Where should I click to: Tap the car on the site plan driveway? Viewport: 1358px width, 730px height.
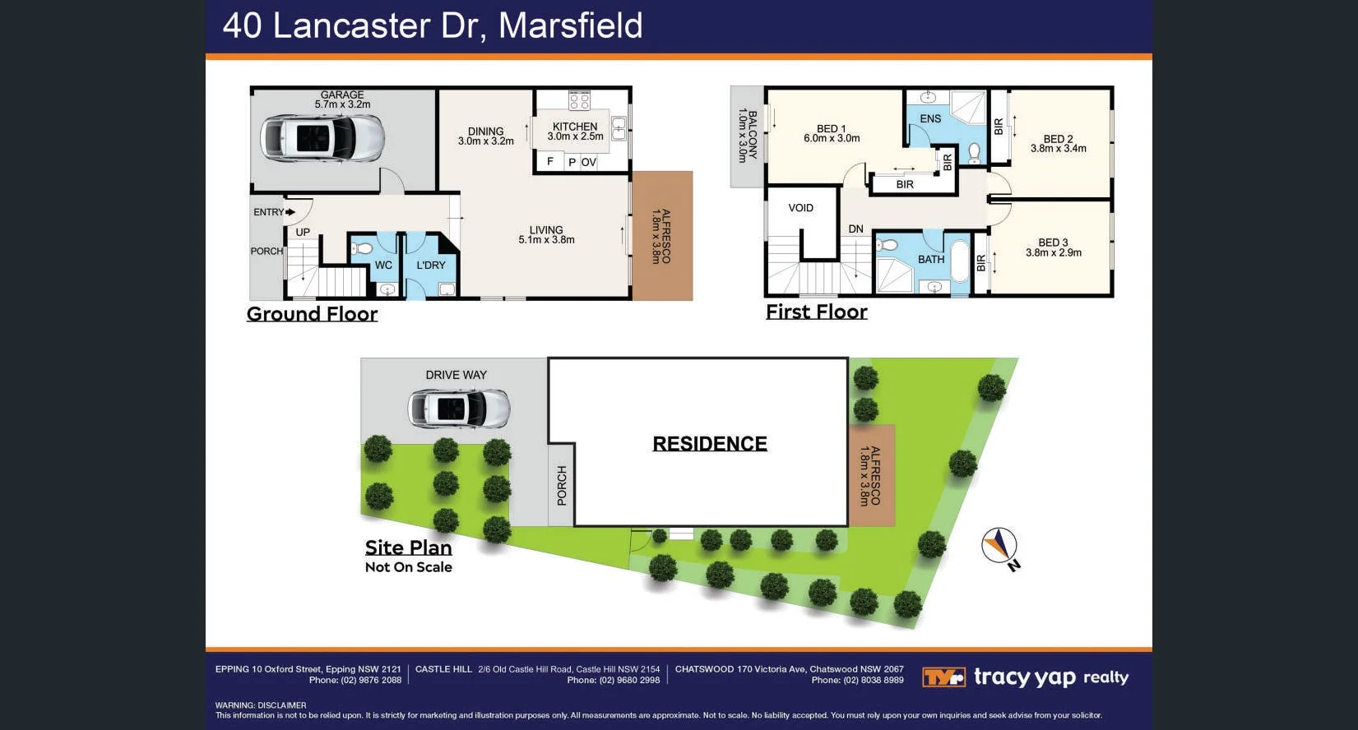[x=459, y=409]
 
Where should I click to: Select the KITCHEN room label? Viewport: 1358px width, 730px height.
[x=575, y=127]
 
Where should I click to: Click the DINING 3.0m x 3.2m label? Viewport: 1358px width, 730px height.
[x=485, y=136]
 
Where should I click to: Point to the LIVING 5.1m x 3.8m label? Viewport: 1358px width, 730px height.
[x=546, y=235]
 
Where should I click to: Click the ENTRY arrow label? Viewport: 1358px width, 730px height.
[x=273, y=212]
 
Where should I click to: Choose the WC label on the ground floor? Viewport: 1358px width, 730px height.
[x=383, y=265]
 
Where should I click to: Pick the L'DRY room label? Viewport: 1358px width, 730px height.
[x=430, y=265]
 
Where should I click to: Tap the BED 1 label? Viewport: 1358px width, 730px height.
[x=832, y=133]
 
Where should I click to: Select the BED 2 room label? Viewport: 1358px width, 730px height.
[x=1058, y=144]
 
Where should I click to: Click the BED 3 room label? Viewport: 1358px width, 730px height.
[x=1053, y=247]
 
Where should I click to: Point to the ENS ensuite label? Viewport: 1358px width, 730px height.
[x=930, y=118]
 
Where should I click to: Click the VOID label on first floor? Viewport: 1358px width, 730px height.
[x=800, y=208]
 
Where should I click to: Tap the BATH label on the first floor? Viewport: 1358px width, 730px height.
[x=931, y=259]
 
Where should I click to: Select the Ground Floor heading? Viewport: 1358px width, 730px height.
[x=312, y=314]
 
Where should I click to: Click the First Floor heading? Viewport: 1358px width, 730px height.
[x=816, y=312]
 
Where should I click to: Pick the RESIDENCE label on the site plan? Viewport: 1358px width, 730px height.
[x=710, y=444]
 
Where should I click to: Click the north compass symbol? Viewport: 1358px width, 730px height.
[x=999, y=546]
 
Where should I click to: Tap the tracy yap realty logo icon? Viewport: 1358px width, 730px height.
[x=943, y=677]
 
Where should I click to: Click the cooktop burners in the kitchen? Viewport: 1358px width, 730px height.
[x=579, y=100]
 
